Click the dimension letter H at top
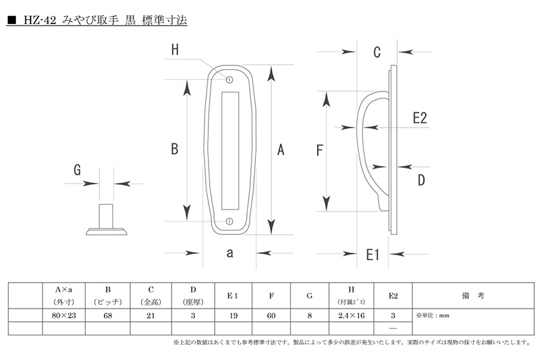point(175,51)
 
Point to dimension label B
point(175,149)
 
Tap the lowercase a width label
point(229,253)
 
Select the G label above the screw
point(78,170)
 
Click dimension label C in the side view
point(376,52)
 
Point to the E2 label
point(419,117)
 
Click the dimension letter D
point(421,180)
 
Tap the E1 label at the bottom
point(373,255)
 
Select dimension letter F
point(320,150)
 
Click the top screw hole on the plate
point(230,80)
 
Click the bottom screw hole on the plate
point(229,222)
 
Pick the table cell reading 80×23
point(64,315)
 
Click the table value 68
point(107,315)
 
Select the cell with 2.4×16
point(351,315)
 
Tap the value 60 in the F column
point(271,315)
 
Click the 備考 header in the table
point(473,296)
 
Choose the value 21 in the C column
point(151,315)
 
